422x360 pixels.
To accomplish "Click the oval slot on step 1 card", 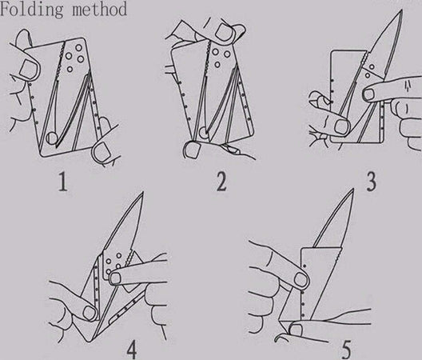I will coord(51,136).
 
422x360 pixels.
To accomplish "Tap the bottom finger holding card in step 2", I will coord(191,149).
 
